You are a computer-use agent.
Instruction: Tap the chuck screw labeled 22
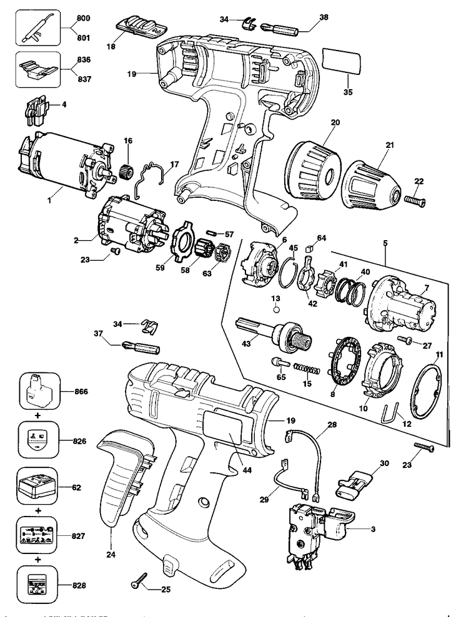pos(414,200)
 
